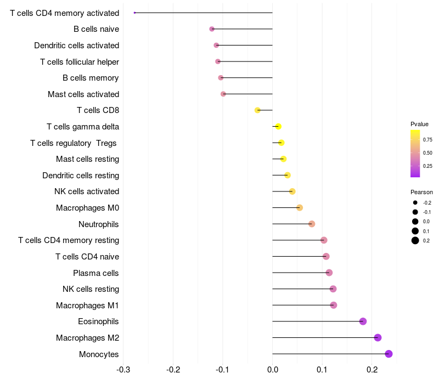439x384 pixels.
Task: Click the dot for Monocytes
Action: point(389,354)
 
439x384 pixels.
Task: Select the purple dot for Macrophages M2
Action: point(378,337)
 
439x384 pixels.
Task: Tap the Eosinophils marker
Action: point(363,321)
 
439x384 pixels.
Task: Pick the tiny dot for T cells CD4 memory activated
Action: point(134,13)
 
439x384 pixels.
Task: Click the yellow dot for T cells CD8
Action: point(257,110)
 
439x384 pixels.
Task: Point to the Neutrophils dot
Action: point(312,224)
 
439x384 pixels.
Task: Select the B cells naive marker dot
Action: point(212,29)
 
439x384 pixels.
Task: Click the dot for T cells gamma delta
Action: point(278,127)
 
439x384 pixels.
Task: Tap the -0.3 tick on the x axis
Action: point(123,370)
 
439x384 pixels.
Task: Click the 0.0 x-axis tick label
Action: point(273,370)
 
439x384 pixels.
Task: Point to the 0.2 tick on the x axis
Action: point(372,370)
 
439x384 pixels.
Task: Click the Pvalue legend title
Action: point(419,124)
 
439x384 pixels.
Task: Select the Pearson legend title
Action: point(421,192)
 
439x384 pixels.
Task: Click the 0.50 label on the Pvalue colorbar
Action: point(427,153)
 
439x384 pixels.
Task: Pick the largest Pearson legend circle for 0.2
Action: point(415,240)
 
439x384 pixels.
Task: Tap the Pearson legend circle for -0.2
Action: point(415,202)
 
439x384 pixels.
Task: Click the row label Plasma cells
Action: point(95,273)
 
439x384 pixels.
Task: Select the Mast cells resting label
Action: point(87,159)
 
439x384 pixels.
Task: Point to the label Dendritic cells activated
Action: point(77,46)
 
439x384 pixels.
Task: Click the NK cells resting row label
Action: point(91,289)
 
